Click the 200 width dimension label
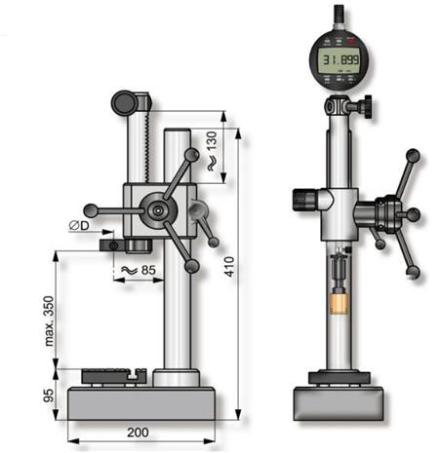click(138, 433)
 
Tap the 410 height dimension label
click(229, 267)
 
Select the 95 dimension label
click(49, 395)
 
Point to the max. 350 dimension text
click(49, 321)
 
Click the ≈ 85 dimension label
click(139, 270)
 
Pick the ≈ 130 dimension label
click(212, 151)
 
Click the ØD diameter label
click(79, 225)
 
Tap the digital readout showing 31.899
click(339, 60)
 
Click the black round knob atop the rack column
click(124, 102)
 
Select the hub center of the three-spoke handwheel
click(158, 210)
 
